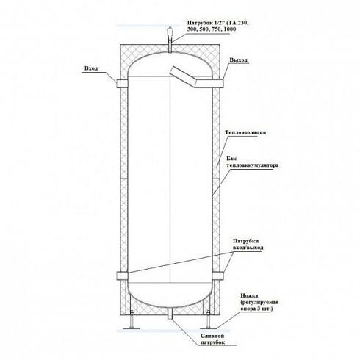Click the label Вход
(x=91, y=68)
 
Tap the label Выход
(x=239, y=60)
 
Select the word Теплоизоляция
(x=245, y=132)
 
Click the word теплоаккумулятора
(x=253, y=165)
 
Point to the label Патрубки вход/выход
(x=248, y=245)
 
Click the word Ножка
(x=249, y=296)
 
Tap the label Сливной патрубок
(x=212, y=339)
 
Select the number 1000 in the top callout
(x=230, y=29)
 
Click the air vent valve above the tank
(x=170, y=32)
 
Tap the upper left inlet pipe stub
(x=122, y=84)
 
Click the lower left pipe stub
(x=122, y=276)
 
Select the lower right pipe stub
(x=217, y=276)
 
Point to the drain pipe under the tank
(x=170, y=313)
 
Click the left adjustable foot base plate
(x=132, y=328)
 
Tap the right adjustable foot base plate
(x=209, y=328)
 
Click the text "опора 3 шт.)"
(x=256, y=309)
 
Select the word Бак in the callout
(x=230, y=159)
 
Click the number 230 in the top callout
(x=243, y=23)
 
